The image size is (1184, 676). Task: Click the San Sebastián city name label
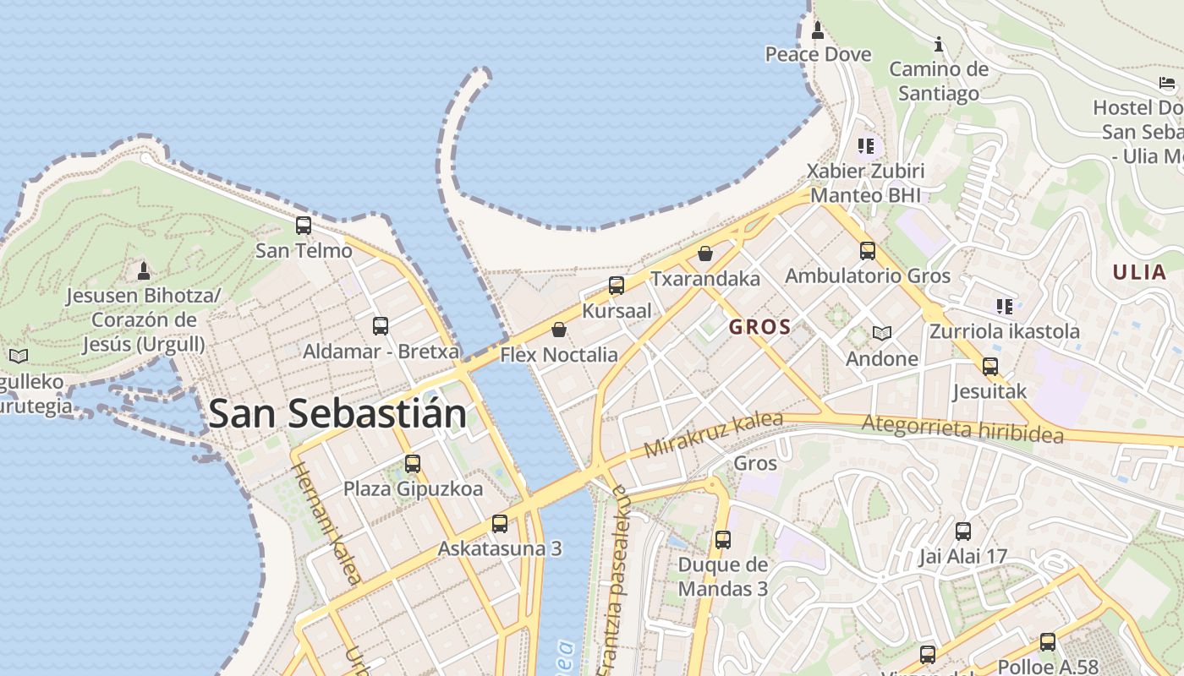click(x=337, y=414)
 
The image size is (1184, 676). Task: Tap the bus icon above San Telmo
click(x=304, y=226)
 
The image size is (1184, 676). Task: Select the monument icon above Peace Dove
click(x=817, y=30)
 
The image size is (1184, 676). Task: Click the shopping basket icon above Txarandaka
click(x=705, y=253)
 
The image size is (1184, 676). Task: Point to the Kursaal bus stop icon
click(x=617, y=286)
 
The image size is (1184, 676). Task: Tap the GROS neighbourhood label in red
click(x=759, y=327)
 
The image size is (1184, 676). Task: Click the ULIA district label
click(x=1139, y=272)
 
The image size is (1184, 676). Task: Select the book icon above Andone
click(x=882, y=334)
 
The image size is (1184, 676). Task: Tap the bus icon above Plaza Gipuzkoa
click(x=413, y=463)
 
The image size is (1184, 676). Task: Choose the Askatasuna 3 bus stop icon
click(x=500, y=524)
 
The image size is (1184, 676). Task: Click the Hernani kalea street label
click(x=328, y=524)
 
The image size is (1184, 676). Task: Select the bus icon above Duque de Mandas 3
click(x=722, y=539)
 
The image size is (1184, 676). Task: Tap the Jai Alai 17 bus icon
click(x=963, y=532)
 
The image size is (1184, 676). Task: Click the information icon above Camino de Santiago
click(x=938, y=44)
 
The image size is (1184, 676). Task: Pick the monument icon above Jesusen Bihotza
click(x=144, y=271)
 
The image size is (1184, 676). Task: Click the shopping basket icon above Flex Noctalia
click(x=558, y=330)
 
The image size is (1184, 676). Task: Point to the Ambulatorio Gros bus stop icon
click(x=868, y=250)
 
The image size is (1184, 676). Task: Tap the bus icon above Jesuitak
click(x=989, y=367)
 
